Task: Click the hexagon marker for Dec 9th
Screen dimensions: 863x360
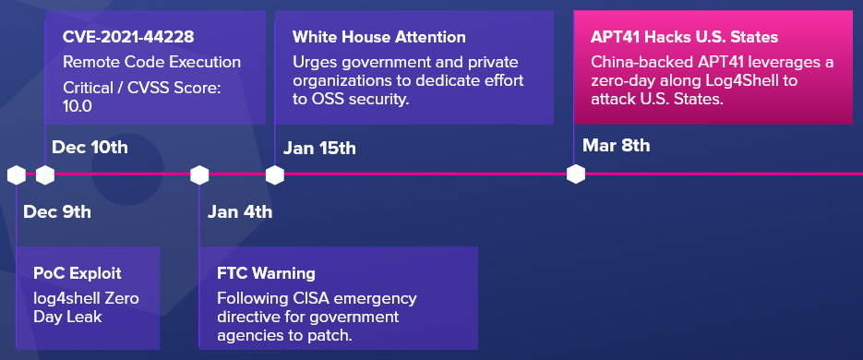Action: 17,175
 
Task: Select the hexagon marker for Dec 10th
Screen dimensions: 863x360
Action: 45,175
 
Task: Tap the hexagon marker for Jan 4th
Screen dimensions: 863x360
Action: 199,175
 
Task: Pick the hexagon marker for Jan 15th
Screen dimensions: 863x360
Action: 275,175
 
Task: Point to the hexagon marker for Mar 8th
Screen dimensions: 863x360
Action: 576,174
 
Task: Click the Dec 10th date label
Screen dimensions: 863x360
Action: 90,148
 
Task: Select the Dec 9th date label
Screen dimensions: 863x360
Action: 57,212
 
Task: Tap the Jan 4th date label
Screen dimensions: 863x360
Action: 239,212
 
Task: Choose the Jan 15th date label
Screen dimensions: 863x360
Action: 319,148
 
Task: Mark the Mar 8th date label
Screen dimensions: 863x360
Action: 616,146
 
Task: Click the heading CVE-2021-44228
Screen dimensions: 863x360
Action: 128,38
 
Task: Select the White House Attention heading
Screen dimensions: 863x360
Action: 379,38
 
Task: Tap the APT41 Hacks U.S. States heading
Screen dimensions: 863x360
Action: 685,38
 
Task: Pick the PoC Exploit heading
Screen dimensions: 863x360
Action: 77,273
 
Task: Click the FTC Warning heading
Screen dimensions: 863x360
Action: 267,273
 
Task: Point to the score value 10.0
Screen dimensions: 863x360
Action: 77,105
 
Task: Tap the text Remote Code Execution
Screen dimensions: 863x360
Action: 152,62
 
